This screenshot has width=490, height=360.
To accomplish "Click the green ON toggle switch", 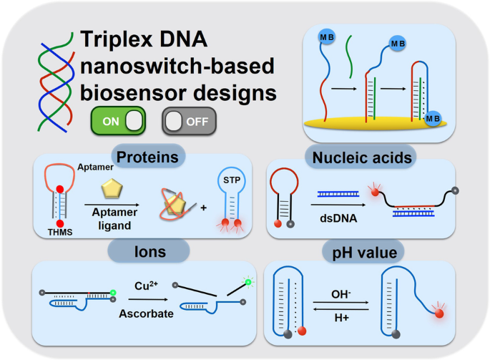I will [118, 122].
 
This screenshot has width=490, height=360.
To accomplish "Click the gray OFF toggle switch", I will [189, 122].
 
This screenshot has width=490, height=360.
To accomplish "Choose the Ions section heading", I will [149, 250].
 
